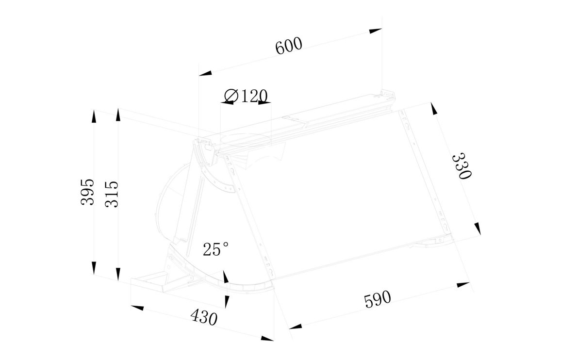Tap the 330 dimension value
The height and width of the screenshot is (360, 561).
click(462, 166)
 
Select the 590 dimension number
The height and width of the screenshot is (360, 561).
click(377, 298)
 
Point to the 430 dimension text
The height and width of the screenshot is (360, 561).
click(204, 318)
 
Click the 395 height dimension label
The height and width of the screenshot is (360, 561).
click(87, 192)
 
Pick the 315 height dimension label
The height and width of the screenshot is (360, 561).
click(112, 194)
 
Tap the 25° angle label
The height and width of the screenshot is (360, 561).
click(216, 249)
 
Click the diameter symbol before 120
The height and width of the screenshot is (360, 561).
click(231, 96)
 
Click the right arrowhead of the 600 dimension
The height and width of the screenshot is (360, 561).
click(376, 31)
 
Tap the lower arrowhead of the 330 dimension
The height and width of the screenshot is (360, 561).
click(478, 229)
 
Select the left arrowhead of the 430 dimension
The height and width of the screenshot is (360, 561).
click(137, 307)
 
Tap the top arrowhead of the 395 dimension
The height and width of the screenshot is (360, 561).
click(94, 116)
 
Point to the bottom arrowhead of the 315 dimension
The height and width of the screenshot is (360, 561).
click(118, 268)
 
